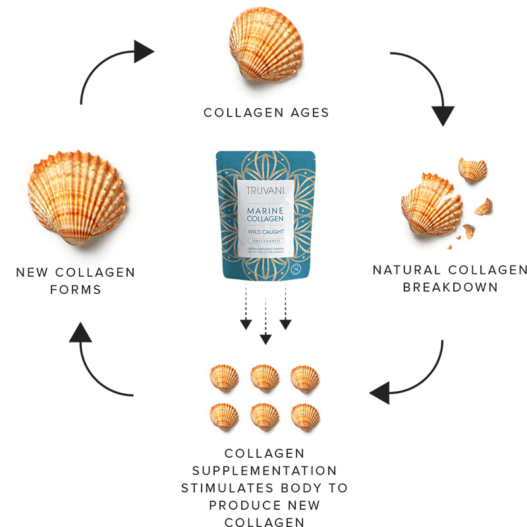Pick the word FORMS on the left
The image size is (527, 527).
pyautogui.click(x=76, y=289)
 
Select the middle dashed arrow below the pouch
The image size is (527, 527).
pyautogui.click(x=265, y=320)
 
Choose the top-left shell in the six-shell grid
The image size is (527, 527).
pyautogui.click(x=225, y=377)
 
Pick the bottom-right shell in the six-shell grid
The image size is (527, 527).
pyautogui.click(x=305, y=417)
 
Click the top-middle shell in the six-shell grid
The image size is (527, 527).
pyautogui.click(x=265, y=377)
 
